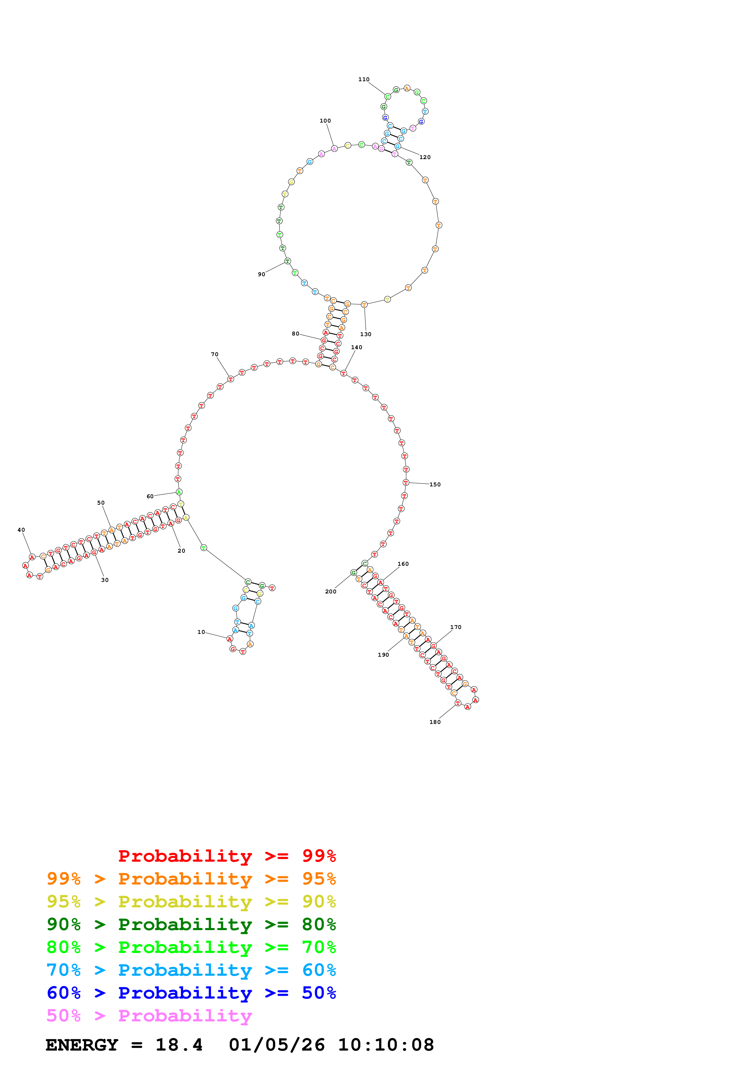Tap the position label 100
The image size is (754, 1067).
325,121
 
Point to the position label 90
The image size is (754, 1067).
262,274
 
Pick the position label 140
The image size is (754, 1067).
356,347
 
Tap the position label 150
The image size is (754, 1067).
435,484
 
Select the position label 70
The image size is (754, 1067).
215,354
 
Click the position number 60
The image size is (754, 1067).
150,496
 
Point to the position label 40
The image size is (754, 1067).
21,530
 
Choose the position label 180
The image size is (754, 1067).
435,722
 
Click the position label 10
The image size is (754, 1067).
201,632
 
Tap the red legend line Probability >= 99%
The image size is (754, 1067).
227,856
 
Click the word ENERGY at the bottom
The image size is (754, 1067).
82,1045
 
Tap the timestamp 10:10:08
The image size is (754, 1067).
386,1045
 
